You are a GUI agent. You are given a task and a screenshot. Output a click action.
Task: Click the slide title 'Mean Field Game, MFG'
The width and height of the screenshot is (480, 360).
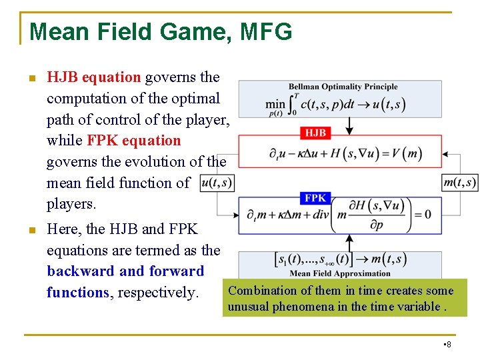[x=161, y=31]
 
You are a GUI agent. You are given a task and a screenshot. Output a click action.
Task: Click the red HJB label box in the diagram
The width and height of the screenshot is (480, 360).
[x=315, y=133]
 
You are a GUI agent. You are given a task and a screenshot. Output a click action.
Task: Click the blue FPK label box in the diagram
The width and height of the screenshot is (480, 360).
[x=315, y=198]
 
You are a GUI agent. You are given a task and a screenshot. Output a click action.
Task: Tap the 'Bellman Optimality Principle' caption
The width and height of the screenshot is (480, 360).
[x=343, y=87]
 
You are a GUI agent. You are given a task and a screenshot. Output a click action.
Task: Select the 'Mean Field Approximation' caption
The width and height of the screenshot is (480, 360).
[x=340, y=273]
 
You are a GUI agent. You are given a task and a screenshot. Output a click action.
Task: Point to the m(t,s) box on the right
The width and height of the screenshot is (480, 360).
[x=460, y=182]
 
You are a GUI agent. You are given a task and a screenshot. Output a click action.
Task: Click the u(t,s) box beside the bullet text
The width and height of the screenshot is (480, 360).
[x=217, y=183]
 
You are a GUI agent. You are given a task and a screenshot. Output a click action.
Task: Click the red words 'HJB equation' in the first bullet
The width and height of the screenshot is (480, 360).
[x=93, y=77]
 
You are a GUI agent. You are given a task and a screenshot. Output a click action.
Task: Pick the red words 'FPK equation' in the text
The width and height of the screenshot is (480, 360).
[x=133, y=141]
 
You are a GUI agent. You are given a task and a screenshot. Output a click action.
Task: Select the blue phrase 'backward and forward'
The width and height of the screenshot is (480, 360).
[x=125, y=271]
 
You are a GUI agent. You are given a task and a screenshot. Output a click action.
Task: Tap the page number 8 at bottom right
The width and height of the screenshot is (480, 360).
[x=448, y=344]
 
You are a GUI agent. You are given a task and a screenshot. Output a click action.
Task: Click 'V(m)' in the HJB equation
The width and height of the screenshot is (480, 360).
[x=407, y=153]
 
